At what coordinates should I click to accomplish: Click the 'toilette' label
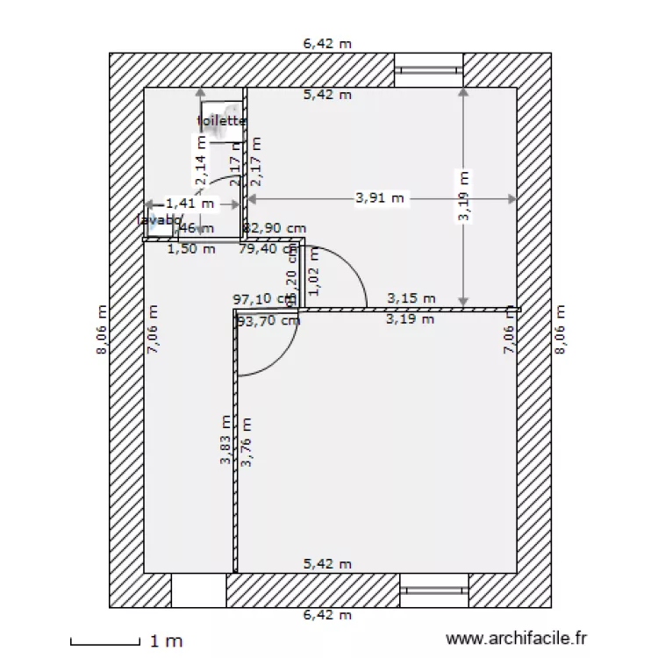click(x=221, y=121)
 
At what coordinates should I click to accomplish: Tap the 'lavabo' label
click(x=158, y=220)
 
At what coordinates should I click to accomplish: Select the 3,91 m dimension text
click(x=380, y=198)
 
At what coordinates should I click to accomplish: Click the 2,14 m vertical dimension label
click(x=201, y=164)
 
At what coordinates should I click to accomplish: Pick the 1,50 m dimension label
click(x=190, y=248)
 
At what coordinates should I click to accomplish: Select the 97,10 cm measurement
click(x=262, y=298)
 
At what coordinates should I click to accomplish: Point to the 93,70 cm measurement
click(x=268, y=320)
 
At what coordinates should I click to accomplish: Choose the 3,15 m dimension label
click(x=411, y=298)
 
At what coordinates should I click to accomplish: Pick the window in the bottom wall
click(x=434, y=590)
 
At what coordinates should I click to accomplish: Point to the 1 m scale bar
click(x=105, y=641)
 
